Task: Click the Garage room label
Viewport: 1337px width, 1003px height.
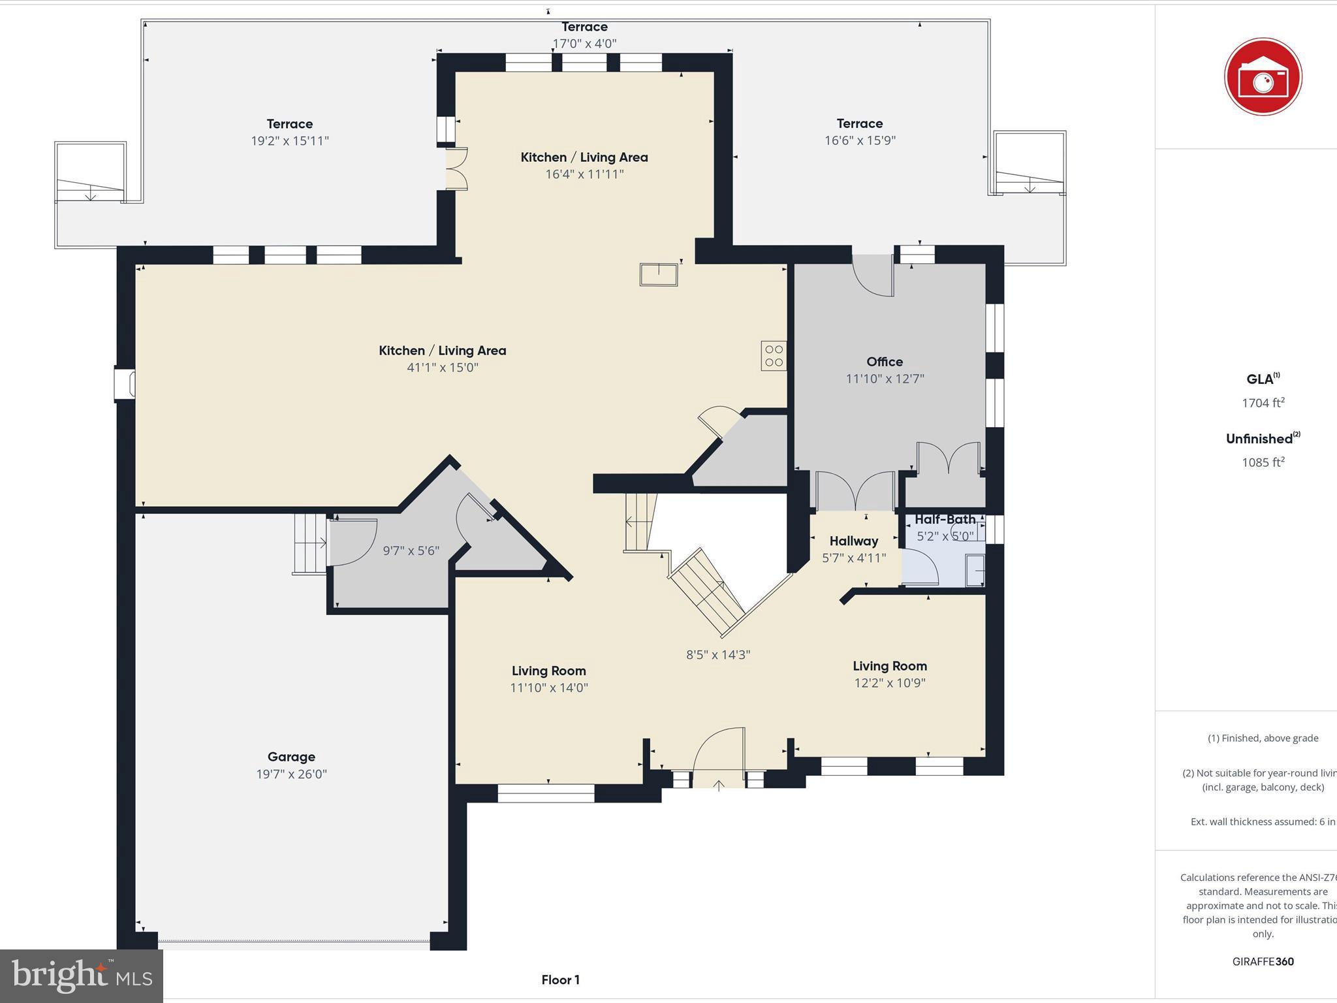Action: coord(291,757)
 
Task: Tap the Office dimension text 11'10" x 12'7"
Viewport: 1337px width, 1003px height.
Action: coord(885,379)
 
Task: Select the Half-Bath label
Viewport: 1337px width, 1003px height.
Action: coord(945,519)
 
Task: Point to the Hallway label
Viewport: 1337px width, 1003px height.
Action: coord(853,541)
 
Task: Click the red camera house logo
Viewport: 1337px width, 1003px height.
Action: coord(1263,77)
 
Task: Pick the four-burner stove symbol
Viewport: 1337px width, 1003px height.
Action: coord(774,356)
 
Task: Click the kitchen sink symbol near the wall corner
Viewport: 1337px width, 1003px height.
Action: coord(659,274)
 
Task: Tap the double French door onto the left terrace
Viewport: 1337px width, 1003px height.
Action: coord(457,169)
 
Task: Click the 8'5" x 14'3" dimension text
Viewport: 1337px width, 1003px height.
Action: coord(718,654)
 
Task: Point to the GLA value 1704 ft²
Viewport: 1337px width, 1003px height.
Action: coord(1263,403)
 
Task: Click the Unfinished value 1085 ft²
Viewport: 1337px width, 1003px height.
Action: coord(1263,462)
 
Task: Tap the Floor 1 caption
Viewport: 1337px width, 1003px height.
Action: coord(560,979)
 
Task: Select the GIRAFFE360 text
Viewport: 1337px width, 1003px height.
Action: coord(1263,961)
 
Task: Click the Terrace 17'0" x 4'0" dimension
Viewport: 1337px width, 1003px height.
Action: coord(584,44)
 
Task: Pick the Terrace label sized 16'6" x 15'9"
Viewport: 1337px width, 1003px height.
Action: coord(860,123)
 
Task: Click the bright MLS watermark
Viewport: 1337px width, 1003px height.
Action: coord(82,976)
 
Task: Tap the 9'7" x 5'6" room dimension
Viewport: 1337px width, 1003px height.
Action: coord(411,550)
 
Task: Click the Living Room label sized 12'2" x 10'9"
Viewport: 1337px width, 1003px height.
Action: coord(889,666)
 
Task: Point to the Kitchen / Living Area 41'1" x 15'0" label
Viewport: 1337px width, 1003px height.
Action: coord(443,351)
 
